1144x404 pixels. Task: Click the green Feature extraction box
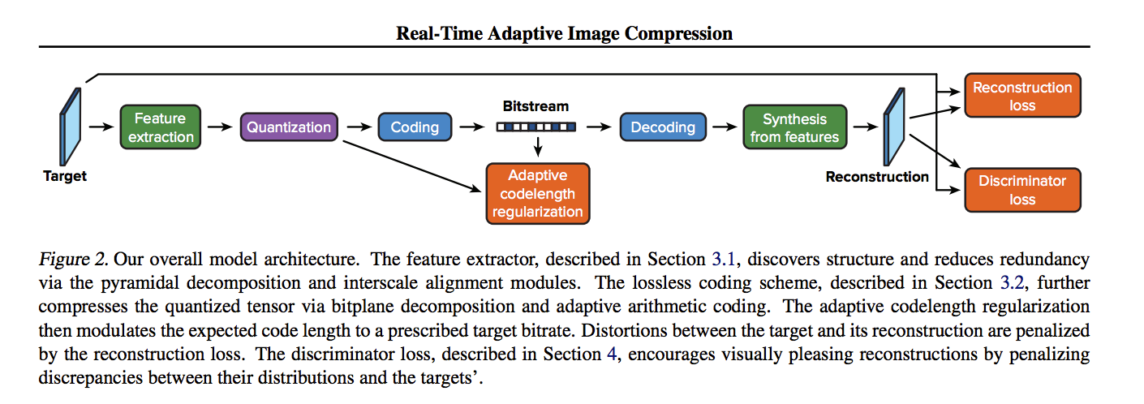tap(161, 127)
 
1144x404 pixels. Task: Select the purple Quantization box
tap(289, 127)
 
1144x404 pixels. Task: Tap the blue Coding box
tap(415, 127)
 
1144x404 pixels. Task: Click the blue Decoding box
tap(663, 127)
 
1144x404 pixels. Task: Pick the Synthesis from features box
tap(794, 127)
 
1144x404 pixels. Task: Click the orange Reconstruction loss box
tap(1022, 96)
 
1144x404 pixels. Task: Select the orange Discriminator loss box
tap(1022, 190)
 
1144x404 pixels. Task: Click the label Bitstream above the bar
tap(535, 106)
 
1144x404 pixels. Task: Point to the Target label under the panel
tap(65, 176)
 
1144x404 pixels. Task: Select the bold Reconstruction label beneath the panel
tap(877, 177)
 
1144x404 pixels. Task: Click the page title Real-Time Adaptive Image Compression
tap(564, 33)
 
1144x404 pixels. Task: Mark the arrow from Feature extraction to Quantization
tap(220, 127)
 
